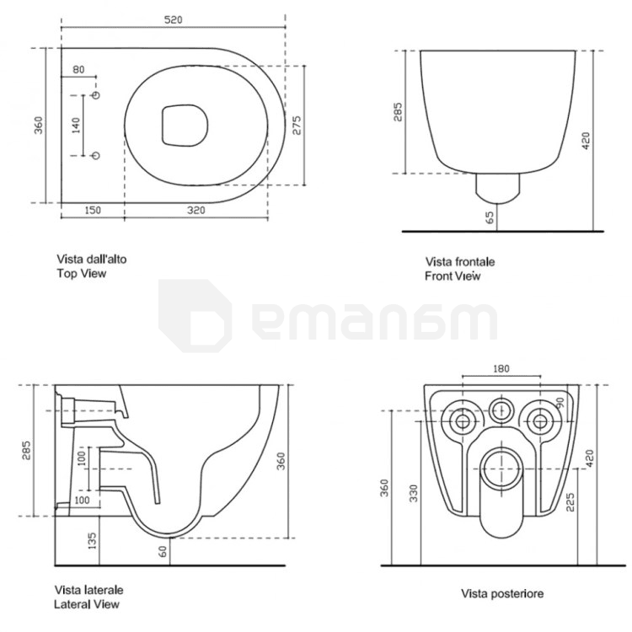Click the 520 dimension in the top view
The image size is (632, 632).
tap(174, 19)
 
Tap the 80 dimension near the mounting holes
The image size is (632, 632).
tap(78, 70)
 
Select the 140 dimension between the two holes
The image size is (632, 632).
tap(76, 126)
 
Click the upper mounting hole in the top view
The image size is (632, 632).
tap(96, 95)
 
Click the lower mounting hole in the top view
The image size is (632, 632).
tap(96, 156)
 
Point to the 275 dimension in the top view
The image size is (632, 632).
tap(297, 126)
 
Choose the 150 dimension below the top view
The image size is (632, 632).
tap(93, 211)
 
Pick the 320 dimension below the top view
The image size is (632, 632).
tap(196, 211)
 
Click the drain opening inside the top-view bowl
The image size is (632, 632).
tap(185, 126)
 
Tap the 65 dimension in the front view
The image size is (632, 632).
tap(490, 217)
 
